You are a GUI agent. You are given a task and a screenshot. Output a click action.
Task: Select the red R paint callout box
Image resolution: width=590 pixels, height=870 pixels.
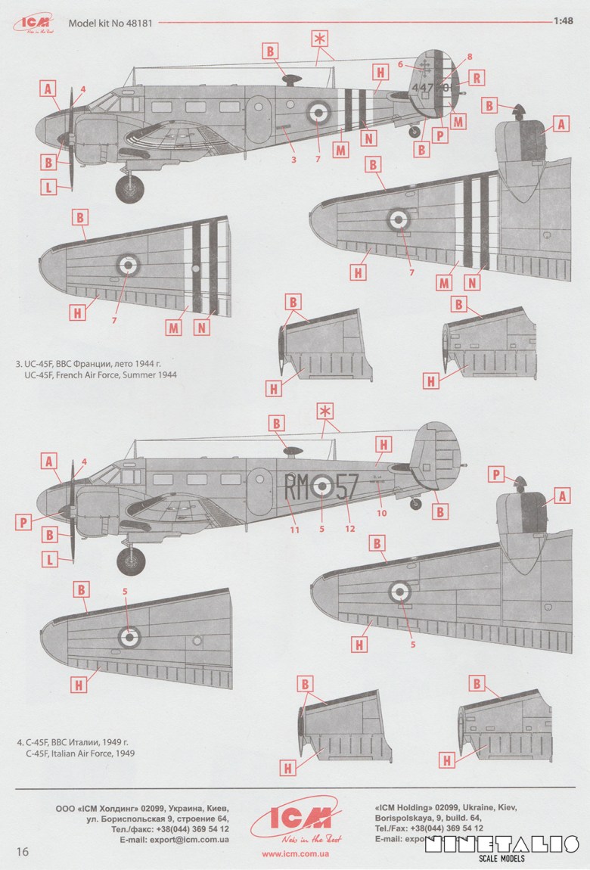click(477, 77)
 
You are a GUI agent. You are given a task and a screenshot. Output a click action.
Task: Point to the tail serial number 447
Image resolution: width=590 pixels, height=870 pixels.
click(426, 88)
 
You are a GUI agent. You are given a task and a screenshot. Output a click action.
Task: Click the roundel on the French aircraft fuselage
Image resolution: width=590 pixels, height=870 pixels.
click(318, 113)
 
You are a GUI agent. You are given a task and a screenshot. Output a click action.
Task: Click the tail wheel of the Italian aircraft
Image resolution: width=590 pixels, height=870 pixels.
click(415, 503)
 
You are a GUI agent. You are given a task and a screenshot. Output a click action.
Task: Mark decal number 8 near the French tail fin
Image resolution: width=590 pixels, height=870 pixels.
click(469, 57)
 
